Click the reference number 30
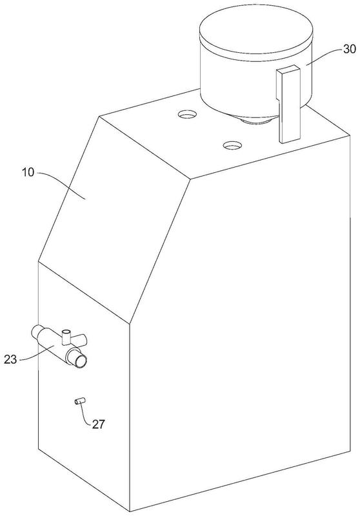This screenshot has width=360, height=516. coord(350,49)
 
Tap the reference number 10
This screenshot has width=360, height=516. coord(28,172)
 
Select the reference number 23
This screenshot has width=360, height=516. coord(10,359)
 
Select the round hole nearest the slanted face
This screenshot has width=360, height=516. coord(187,115)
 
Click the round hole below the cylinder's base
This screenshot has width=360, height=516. coord(232,144)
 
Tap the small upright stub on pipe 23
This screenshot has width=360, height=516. coord(67,337)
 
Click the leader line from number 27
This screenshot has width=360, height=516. coord(85,414)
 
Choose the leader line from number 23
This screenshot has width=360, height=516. coord(35,354)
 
